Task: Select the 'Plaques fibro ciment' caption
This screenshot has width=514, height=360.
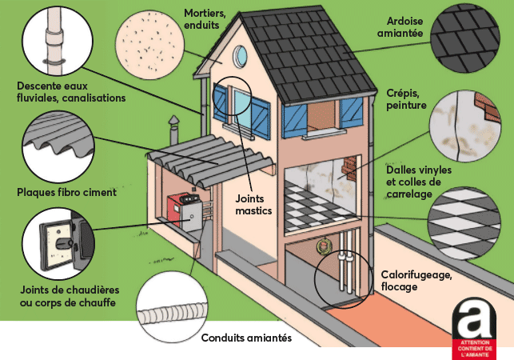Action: tap(66, 192)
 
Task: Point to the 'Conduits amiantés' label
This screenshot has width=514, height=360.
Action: tap(246, 338)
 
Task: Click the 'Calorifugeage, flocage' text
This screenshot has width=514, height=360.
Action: tap(416, 280)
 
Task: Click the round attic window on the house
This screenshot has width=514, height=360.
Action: tap(241, 55)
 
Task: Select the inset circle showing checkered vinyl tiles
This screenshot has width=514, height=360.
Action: tap(464, 216)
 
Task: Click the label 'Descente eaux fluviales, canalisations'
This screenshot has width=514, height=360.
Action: tap(71, 90)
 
